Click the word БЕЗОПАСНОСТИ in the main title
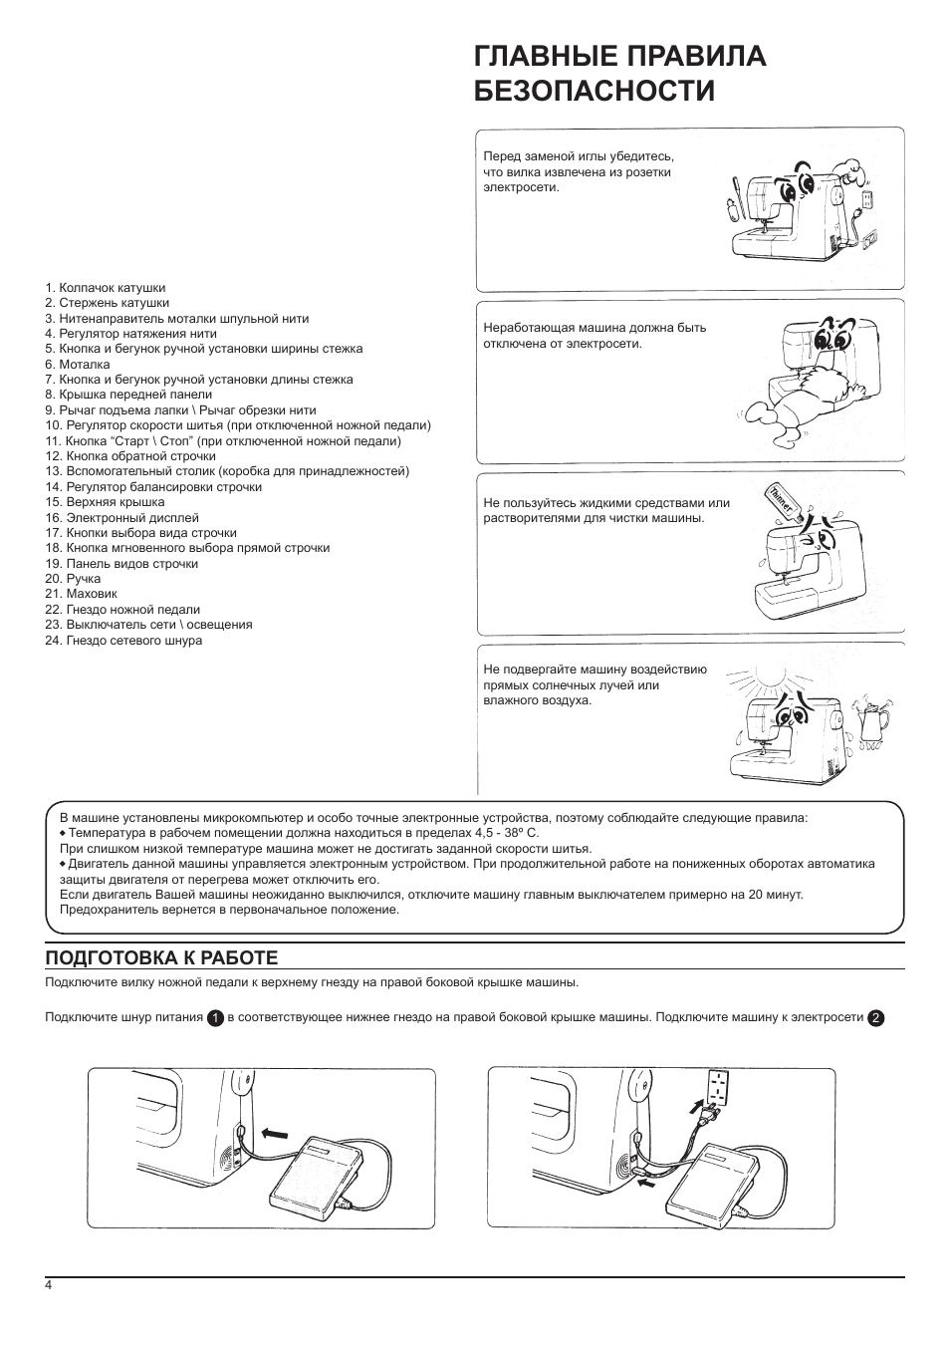click(594, 91)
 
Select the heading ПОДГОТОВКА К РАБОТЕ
click(161, 957)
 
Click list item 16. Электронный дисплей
click(121, 518)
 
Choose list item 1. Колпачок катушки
click(106, 288)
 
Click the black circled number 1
click(214, 1018)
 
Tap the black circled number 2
click(875, 1018)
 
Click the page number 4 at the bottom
click(48, 1284)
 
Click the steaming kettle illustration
click(872, 720)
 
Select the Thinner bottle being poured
click(781, 501)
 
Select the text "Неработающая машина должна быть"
click(594, 328)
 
